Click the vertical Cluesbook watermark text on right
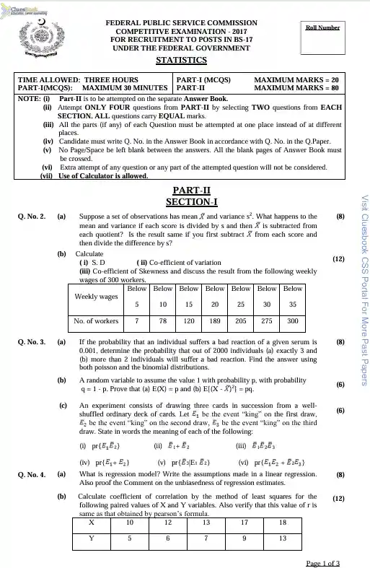(364, 289)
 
